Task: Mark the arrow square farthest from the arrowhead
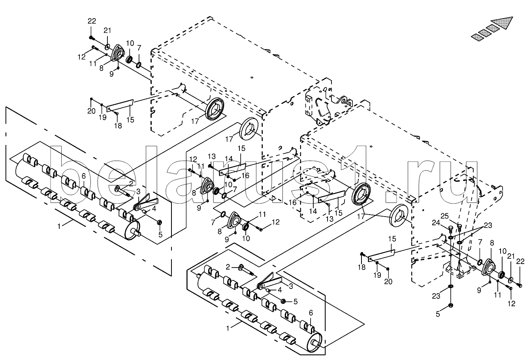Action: point(476,36)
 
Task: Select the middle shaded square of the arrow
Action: point(484,32)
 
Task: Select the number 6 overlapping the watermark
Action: point(84,177)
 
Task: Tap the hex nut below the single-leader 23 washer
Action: point(450,305)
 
